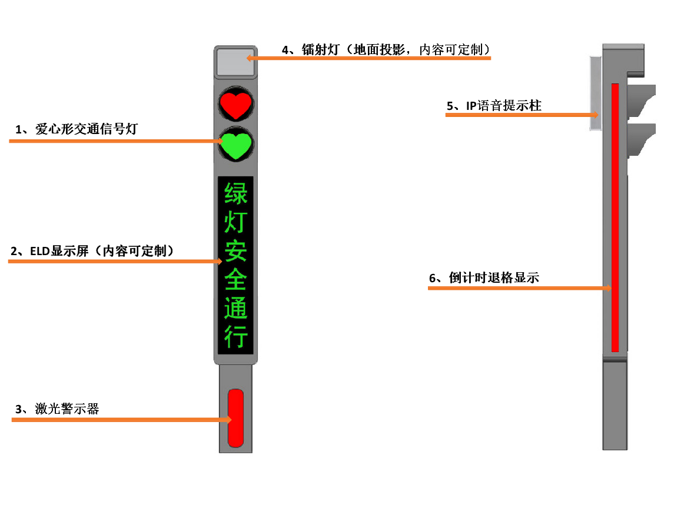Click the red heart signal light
(x=235, y=105)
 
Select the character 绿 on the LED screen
(x=235, y=193)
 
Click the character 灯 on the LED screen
(x=235, y=223)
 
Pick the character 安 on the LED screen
(x=235, y=252)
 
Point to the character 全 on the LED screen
(x=235, y=280)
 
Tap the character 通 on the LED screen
(x=235, y=309)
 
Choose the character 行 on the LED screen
(x=235, y=337)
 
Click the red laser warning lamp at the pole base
(x=235, y=417)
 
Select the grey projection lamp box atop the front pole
(x=235, y=62)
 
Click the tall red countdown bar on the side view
(x=615, y=217)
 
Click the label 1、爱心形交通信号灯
(x=76, y=129)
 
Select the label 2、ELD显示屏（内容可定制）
(x=94, y=251)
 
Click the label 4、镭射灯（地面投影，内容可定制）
(x=386, y=50)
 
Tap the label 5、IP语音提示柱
(x=494, y=106)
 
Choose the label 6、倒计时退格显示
(x=484, y=278)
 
